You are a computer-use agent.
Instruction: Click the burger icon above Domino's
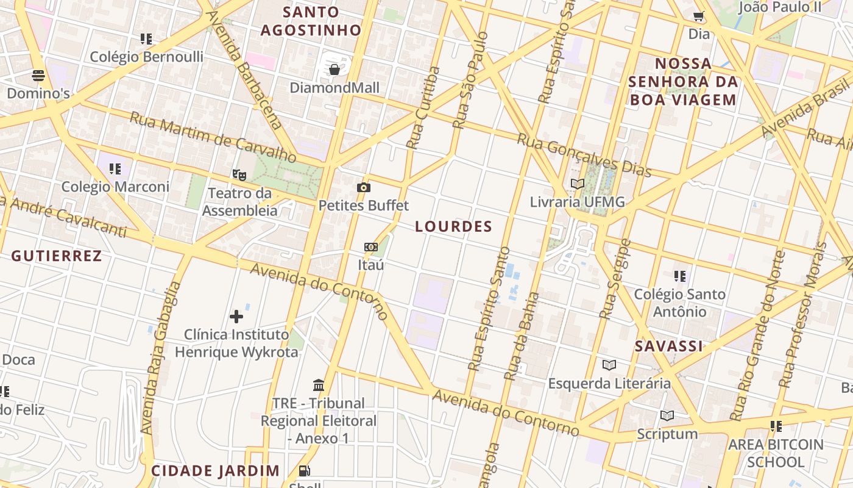pos(38,76)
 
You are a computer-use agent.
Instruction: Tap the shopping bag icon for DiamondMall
pos(334,70)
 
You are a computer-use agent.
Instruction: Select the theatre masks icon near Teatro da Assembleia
pos(239,175)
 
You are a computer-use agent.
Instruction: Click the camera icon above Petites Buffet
pos(364,187)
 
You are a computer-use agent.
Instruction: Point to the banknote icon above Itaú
pos(370,247)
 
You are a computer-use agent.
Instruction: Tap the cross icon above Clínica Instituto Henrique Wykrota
pos(236,316)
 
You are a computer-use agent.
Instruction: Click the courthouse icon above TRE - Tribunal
pos(319,385)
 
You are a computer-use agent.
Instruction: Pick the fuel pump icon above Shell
pos(304,470)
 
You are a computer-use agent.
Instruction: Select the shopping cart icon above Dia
pos(698,16)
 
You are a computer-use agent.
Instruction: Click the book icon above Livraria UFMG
pos(577,184)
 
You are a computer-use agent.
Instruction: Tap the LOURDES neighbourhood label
pos(453,226)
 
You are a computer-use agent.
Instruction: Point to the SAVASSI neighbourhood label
pos(668,346)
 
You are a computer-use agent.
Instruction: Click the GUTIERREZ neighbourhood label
pos(57,256)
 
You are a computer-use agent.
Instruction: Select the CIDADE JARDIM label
pos(215,471)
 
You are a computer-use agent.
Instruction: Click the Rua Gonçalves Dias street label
pos(584,155)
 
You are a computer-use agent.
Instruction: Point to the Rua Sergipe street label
pos(614,279)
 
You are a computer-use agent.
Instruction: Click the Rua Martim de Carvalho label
pos(213,138)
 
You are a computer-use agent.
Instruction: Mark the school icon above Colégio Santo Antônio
pos(680,276)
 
